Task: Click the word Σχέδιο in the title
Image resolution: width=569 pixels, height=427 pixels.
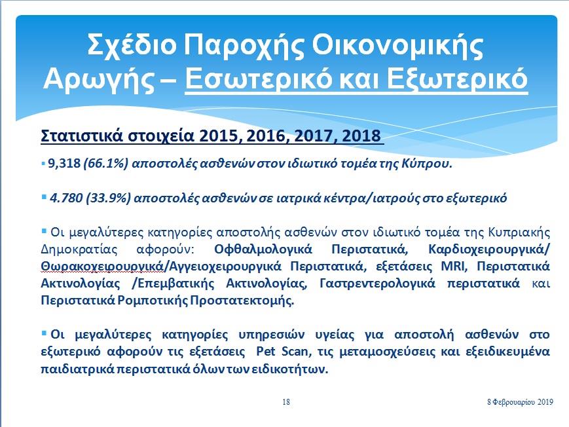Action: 132,45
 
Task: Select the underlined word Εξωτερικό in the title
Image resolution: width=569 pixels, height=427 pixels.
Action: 456,78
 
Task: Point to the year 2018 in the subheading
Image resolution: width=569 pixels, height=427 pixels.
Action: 361,136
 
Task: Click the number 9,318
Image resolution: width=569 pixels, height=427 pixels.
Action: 64,163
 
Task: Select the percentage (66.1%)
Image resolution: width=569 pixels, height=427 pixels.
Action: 105,164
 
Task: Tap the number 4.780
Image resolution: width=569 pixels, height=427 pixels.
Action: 66,198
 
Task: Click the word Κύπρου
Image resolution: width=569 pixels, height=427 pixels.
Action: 427,164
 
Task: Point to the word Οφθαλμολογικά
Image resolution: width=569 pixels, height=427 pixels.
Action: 263,250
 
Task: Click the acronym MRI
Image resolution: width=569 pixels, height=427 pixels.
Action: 452,266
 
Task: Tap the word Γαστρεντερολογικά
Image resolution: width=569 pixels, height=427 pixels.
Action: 377,284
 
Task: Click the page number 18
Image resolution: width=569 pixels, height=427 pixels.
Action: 286,402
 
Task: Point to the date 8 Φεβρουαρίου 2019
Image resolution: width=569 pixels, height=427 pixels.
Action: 520,402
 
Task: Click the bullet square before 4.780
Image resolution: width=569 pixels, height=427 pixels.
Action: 44,197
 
